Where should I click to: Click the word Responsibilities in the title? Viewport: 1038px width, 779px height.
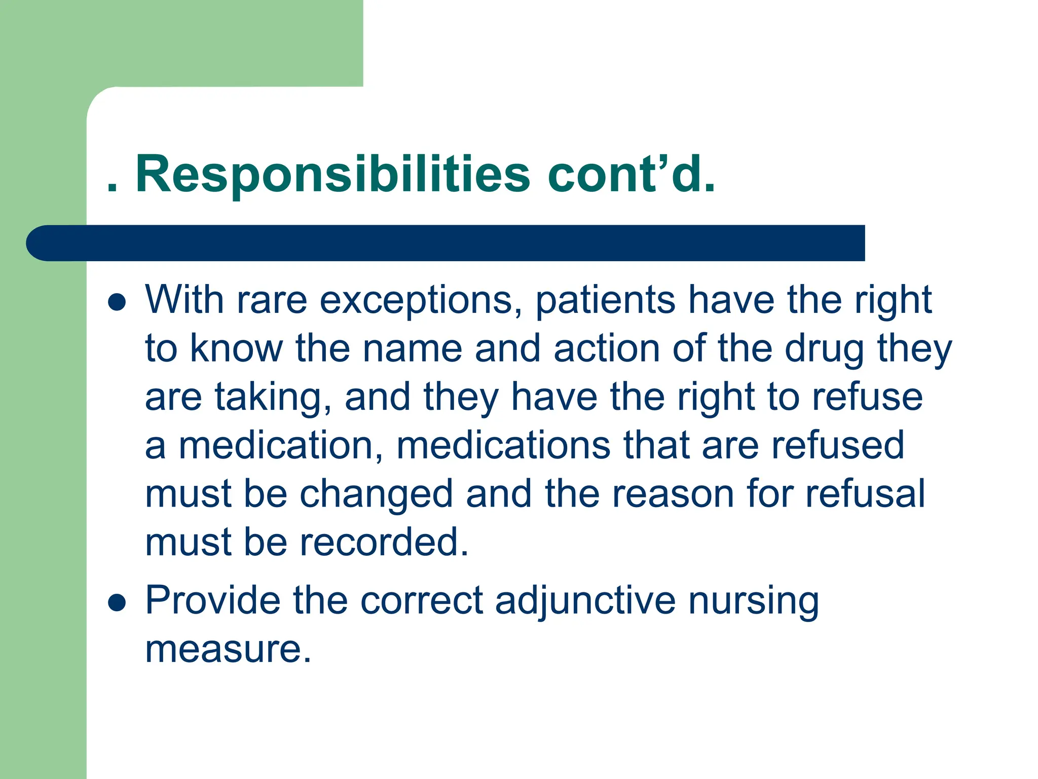332,175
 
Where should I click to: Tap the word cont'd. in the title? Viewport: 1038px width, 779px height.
632,175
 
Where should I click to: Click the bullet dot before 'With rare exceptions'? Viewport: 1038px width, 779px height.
117,302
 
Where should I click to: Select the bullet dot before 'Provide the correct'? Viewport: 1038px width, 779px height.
117,603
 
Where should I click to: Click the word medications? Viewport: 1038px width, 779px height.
503,446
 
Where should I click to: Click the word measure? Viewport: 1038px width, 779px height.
228,650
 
